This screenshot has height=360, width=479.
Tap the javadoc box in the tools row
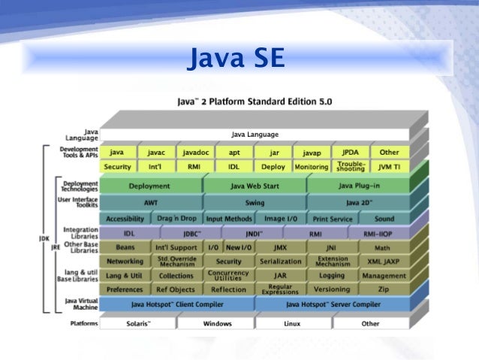click(195, 153)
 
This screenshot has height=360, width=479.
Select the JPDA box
click(350, 153)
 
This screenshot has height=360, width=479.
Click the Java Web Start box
click(255, 186)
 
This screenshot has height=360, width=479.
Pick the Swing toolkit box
click(255, 203)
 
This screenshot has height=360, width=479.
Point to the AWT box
click(149, 203)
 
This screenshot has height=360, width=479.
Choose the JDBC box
click(192, 234)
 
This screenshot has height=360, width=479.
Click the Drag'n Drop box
click(176, 219)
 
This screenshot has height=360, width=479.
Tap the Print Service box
click(332, 219)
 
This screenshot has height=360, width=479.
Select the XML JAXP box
click(383, 262)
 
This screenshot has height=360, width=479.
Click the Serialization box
click(280, 262)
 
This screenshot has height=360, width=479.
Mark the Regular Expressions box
click(280, 289)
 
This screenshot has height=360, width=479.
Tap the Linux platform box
click(293, 324)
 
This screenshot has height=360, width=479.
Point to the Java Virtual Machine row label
click(80, 304)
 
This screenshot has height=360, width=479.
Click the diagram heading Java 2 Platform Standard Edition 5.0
click(255, 101)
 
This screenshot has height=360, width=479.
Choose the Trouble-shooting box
click(351, 166)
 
